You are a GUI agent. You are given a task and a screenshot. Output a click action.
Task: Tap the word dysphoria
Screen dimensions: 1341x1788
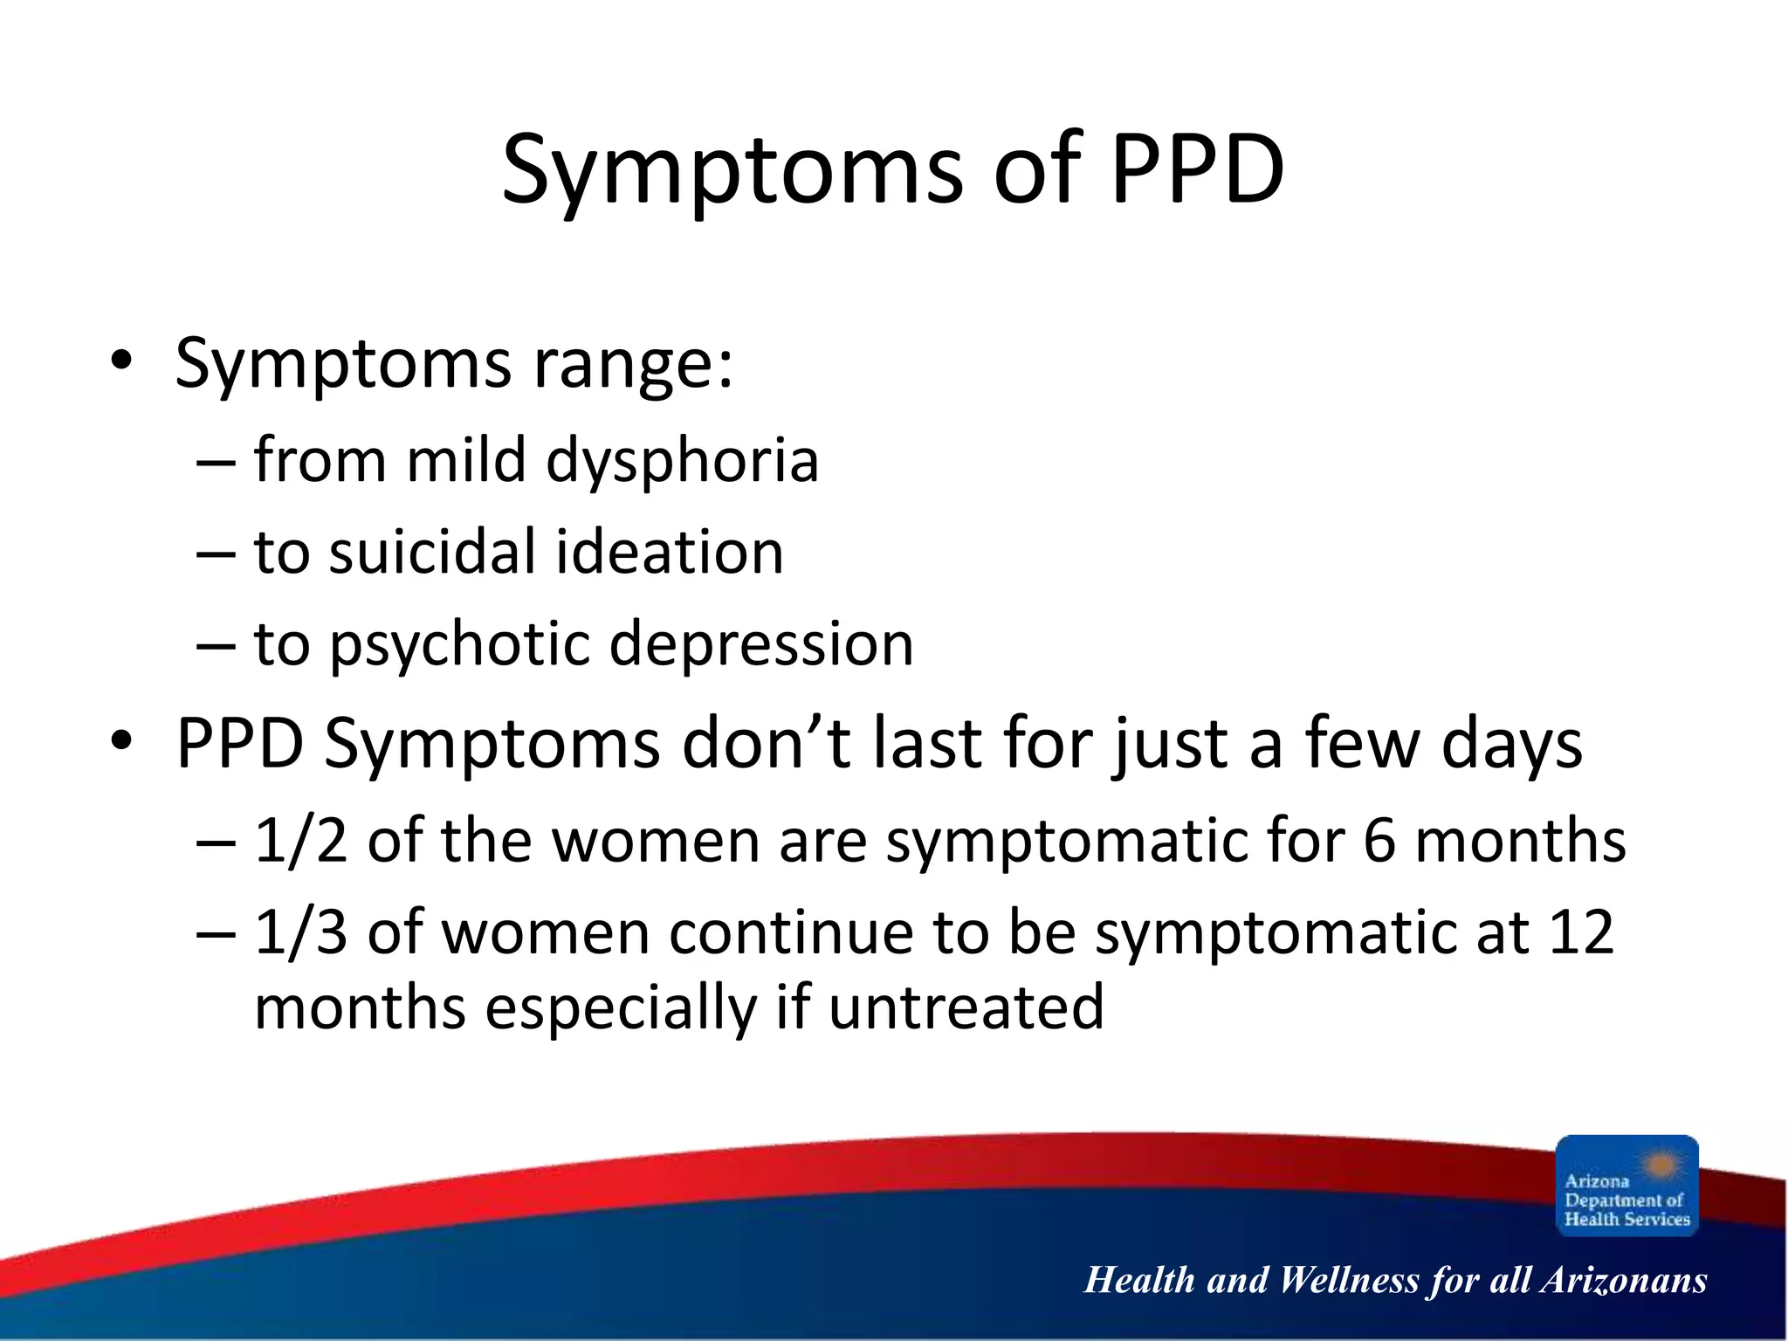pyautogui.click(x=682, y=461)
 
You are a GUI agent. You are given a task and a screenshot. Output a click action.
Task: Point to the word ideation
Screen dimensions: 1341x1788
pyautogui.click(x=670, y=553)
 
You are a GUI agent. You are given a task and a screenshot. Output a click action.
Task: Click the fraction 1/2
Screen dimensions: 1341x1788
pyautogui.click(x=300, y=841)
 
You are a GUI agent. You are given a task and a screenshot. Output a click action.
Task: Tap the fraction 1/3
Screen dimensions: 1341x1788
pyautogui.click(x=300, y=932)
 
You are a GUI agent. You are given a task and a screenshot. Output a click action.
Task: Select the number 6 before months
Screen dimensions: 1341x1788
pyautogui.click(x=1379, y=841)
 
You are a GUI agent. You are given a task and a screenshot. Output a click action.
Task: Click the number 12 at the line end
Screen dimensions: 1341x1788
pyautogui.click(x=1580, y=932)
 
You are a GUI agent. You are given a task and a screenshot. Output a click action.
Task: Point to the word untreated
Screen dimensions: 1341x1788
pyautogui.click(x=966, y=1007)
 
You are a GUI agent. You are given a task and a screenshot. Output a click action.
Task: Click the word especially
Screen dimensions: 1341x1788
pyautogui.click(x=621, y=1007)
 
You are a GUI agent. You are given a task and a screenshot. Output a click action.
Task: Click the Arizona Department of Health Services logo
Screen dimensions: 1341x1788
pyautogui.click(x=1626, y=1185)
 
